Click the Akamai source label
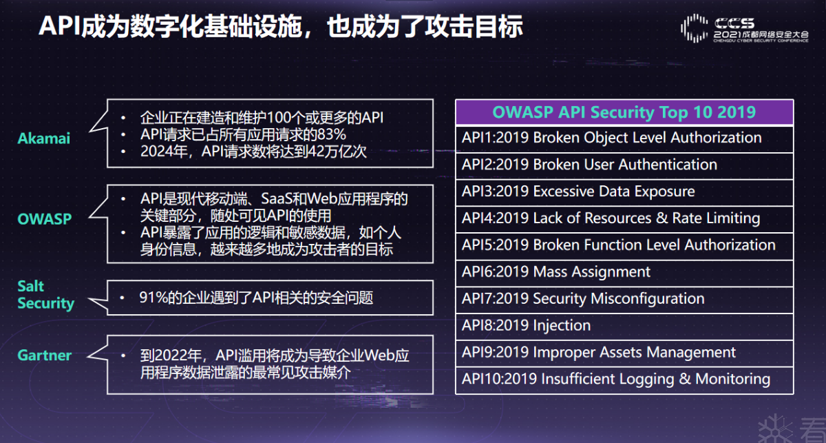coord(44,138)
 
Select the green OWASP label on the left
coord(45,219)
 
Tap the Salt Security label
coord(45,295)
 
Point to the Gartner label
coord(45,355)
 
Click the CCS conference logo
coord(745,28)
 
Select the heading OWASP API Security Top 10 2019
coord(624,112)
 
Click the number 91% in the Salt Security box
coord(153,298)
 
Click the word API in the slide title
coord(60,26)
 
